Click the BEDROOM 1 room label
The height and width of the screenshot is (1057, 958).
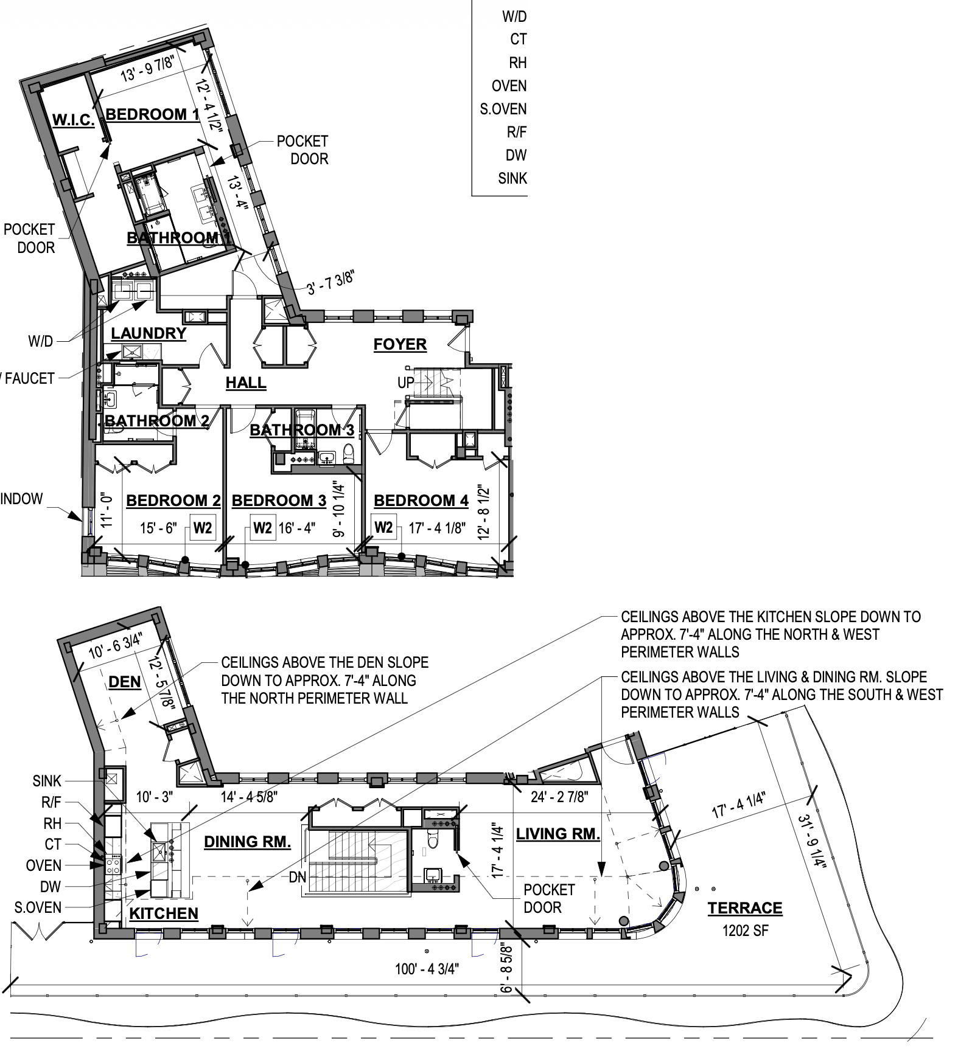pyautogui.click(x=153, y=114)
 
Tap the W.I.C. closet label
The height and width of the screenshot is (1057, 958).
pyautogui.click(x=73, y=120)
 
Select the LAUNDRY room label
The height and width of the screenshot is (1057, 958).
pyautogui.click(x=148, y=333)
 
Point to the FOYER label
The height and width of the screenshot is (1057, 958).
pyautogui.click(x=400, y=344)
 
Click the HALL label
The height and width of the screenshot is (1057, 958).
pyautogui.click(x=246, y=383)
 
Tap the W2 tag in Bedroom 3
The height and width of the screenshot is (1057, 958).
pyautogui.click(x=262, y=527)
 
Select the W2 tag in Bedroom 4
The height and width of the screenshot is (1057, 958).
pyautogui.click(x=383, y=527)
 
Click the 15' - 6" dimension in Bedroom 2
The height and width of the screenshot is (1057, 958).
pyautogui.click(x=158, y=528)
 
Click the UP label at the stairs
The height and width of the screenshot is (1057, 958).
pyautogui.click(x=406, y=383)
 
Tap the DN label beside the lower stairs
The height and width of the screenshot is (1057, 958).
pyautogui.click(x=297, y=877)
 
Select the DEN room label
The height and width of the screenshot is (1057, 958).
pyautogui.click(x=124, y=682)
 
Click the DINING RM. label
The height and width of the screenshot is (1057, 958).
pyautogui.click(x=247, y=842)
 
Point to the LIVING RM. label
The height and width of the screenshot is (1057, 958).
pyautogui.click(x=558, y=834)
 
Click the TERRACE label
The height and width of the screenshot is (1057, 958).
pyautogui.click(x=744, y=908)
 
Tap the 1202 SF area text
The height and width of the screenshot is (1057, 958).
pyautogui.click(x=745, y=931)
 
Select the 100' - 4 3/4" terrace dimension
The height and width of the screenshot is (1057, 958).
pyautogui.click(x=427, y=969)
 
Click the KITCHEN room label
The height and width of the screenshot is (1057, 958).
pyautogui.click(x=164, y=913)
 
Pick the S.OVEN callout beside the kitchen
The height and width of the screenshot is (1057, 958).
pyautogui.click(x=38, y=907)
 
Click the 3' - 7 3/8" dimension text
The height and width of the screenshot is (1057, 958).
pyautogui.click(x=330, y=283)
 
